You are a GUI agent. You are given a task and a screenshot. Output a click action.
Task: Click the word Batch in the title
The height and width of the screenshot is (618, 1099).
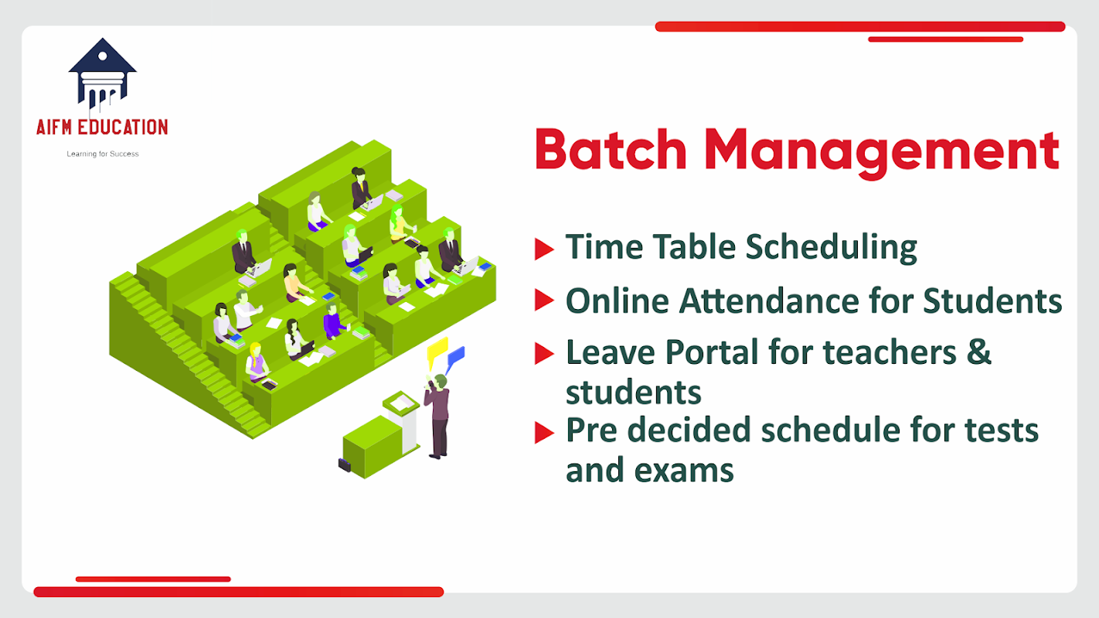pos(611,150)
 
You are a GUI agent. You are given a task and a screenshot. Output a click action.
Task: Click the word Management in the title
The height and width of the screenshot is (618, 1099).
pos(882,153)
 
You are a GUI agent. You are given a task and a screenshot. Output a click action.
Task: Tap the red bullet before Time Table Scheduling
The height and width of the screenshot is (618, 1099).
pos(544,249)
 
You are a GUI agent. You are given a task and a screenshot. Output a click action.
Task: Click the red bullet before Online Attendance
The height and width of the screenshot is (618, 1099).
pos(544,300)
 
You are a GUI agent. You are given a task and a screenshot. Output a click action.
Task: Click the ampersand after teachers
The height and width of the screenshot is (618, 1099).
pos(979,352)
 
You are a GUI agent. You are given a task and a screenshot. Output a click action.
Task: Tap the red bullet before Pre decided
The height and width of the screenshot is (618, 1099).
pos(544,433)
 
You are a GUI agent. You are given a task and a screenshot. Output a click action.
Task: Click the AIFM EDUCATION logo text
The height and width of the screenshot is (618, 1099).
pos(102,127)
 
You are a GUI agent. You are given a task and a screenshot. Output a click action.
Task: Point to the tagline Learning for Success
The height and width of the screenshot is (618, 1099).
pos(103,154)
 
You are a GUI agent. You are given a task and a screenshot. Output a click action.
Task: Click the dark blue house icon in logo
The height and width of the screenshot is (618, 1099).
pos(102,73)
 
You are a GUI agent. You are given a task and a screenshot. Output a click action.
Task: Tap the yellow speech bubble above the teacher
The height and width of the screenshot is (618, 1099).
pos(437,351)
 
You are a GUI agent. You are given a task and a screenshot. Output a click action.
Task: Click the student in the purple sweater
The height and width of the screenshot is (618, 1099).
pos(334,322)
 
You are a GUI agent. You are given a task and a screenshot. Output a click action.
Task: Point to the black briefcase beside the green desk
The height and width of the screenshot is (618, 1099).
pos(345,464)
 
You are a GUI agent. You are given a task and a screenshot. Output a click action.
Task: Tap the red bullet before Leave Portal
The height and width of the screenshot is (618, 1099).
pos(544,353)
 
